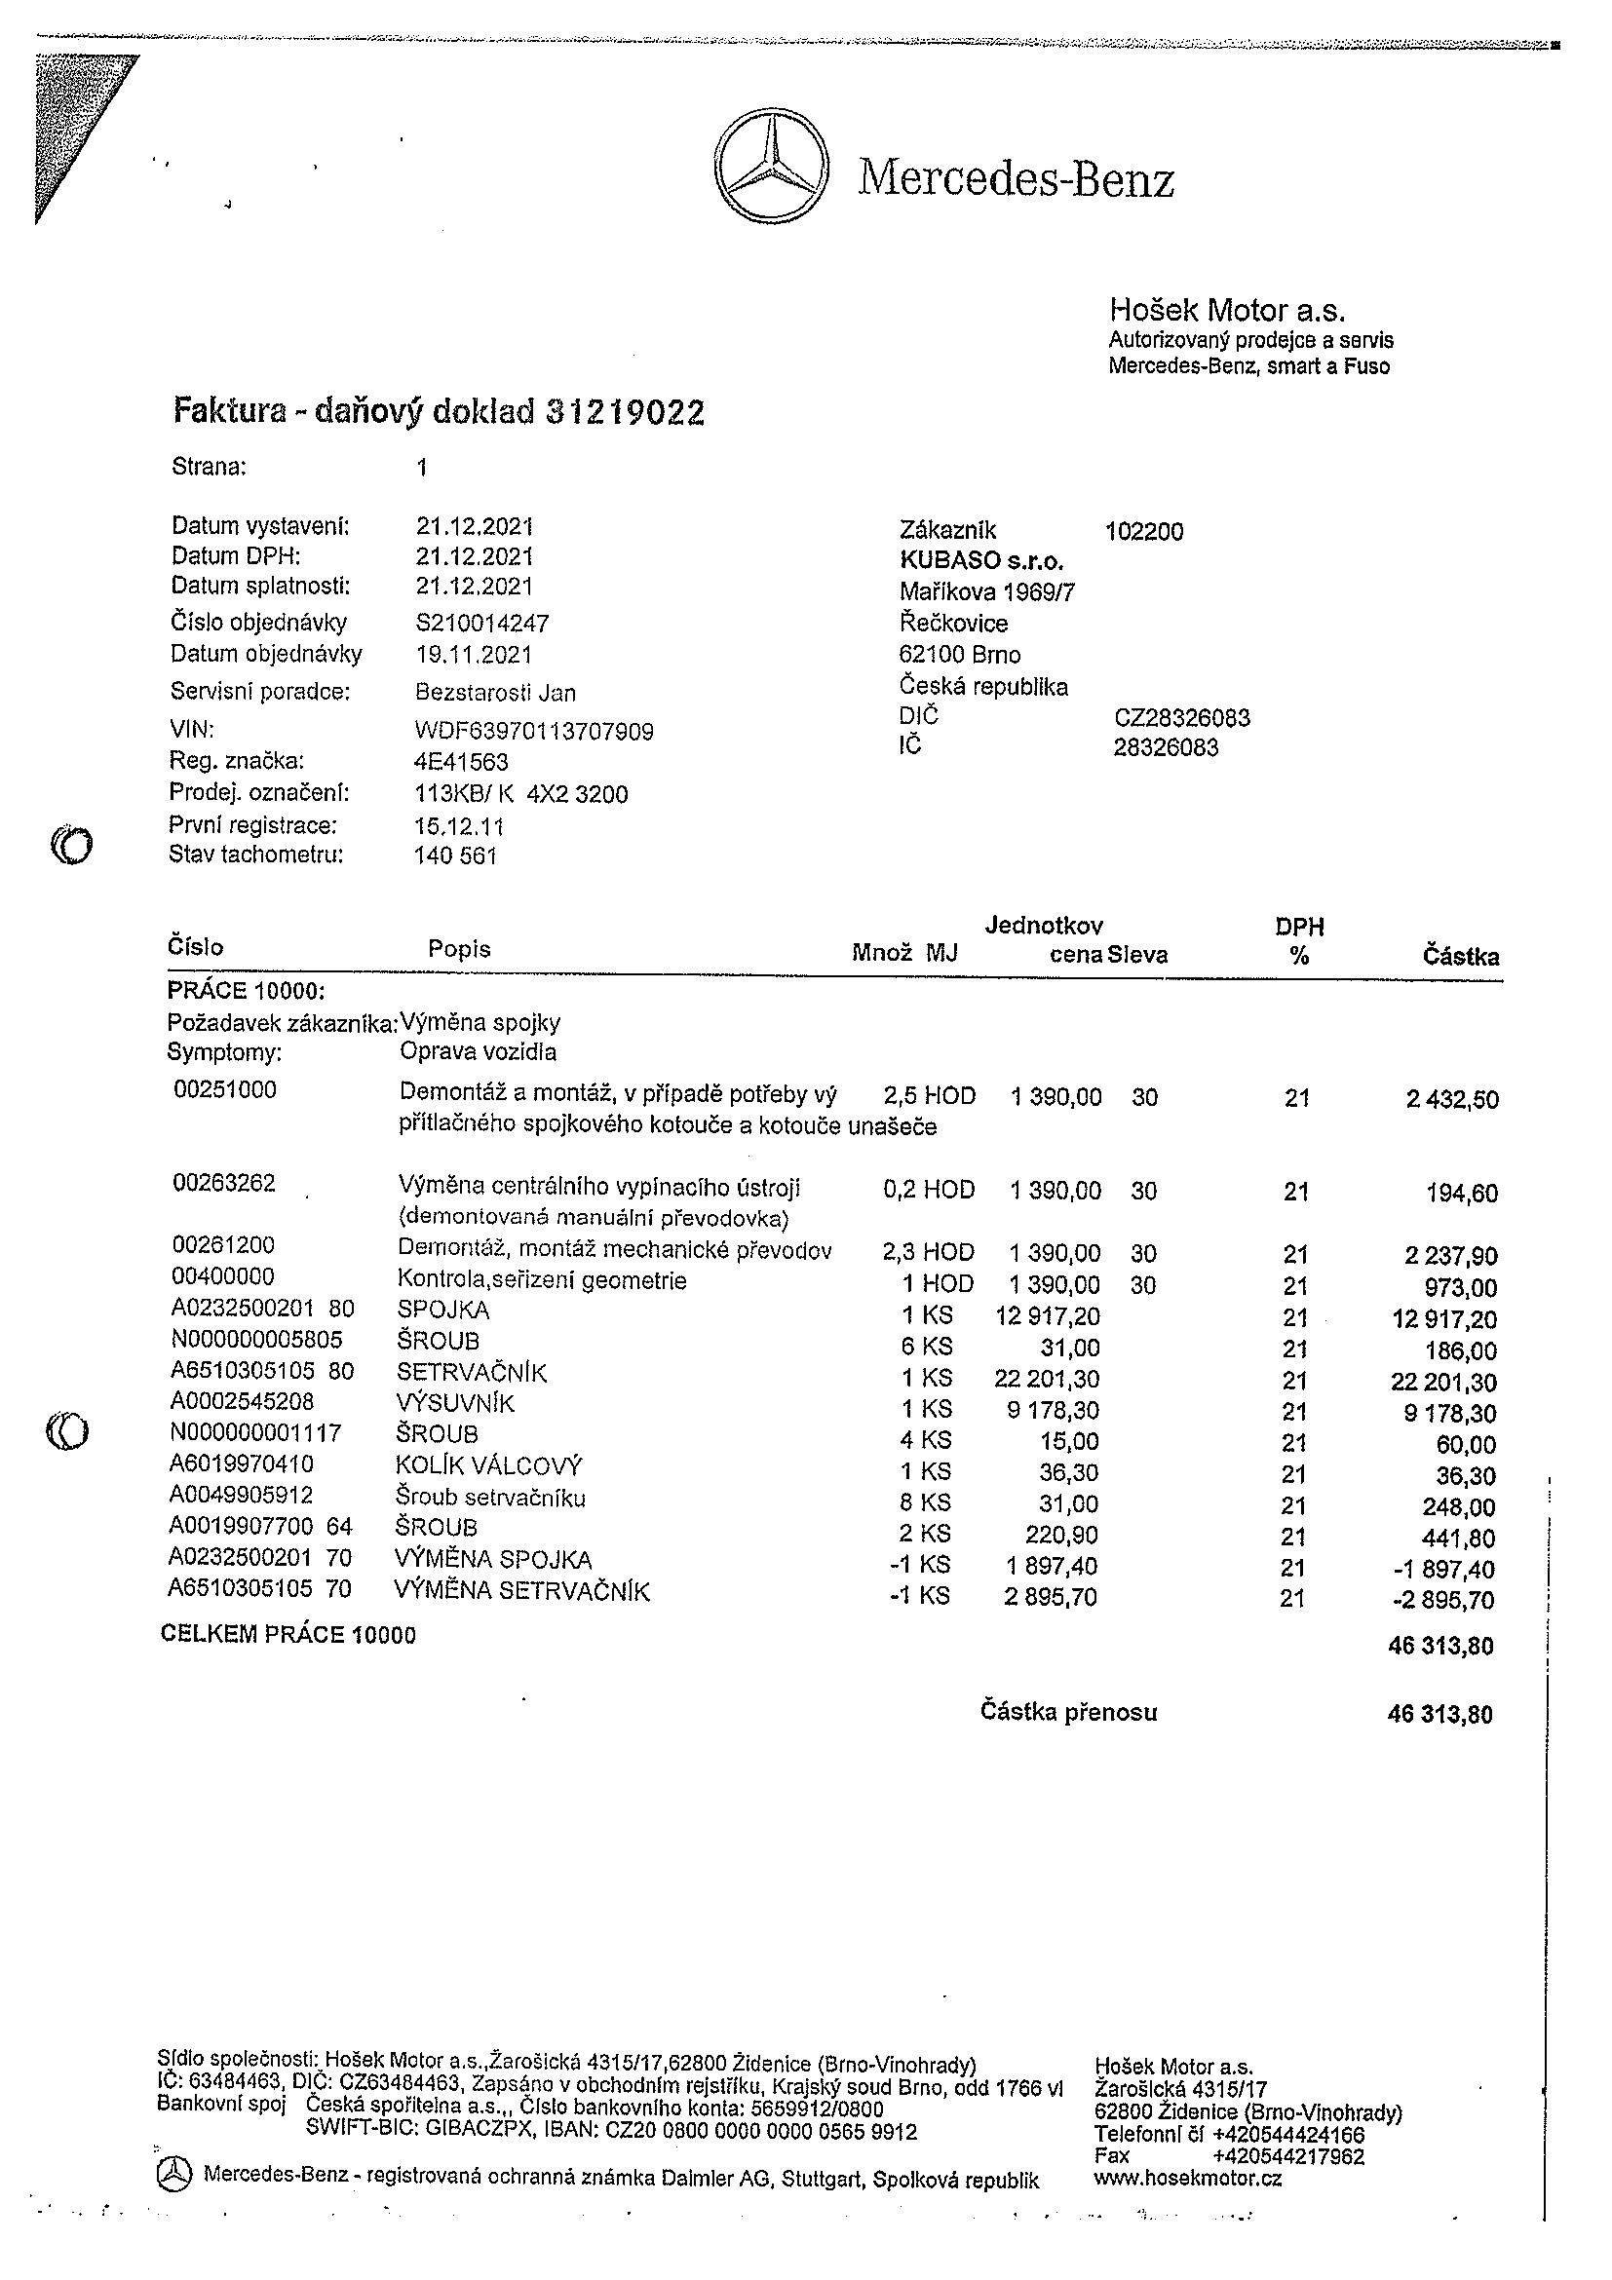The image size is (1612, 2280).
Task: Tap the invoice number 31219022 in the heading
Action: click(626, 412)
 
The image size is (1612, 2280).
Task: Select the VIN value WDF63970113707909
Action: click(534, 732)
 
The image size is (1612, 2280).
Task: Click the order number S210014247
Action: click(482, 623)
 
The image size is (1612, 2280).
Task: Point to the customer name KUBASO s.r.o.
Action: click(981, 560)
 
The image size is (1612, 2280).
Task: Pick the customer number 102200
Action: click(1144, 531)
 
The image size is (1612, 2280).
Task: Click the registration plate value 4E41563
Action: click(461, 762)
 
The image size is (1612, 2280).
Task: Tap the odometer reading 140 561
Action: click(456, 855)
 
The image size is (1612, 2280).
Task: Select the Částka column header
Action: click(1460, 956)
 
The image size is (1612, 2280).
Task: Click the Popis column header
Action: click(459, 948)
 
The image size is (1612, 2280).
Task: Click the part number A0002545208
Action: click(243, 1401)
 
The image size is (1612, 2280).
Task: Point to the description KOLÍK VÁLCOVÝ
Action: click(488, 1465)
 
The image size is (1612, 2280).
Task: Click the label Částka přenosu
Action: click(1069, 1711)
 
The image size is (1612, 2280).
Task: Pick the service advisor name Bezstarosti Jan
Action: click(495, 692)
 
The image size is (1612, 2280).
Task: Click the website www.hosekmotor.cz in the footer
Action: click(1188, 2178)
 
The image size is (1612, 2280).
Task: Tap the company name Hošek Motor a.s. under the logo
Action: click(1227, 311)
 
